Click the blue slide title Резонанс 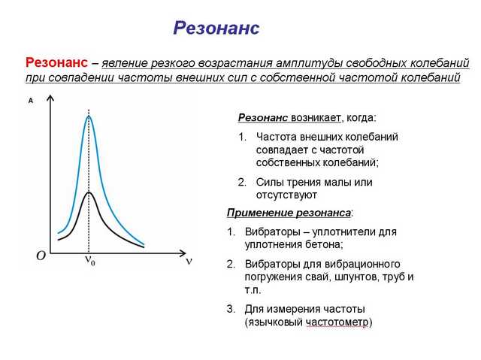coord(216,28)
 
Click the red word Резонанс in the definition coord(57,62)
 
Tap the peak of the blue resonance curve coord(89,116)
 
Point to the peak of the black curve coord(89,192)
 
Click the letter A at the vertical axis coord(31,101)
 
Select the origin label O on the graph coord(41,255)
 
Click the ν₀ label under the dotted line coord(90,260)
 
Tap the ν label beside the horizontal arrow coord(189,261)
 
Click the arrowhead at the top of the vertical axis coord(50,98)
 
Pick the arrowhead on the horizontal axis coord(183,253)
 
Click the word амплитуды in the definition coord(309,63)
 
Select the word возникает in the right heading coord(316,118)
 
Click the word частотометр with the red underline coord(337,322)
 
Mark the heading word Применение coord(260,213)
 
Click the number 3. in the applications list coord(231,309)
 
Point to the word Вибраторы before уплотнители coord(272,231)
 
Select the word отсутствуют coord(286,195)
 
